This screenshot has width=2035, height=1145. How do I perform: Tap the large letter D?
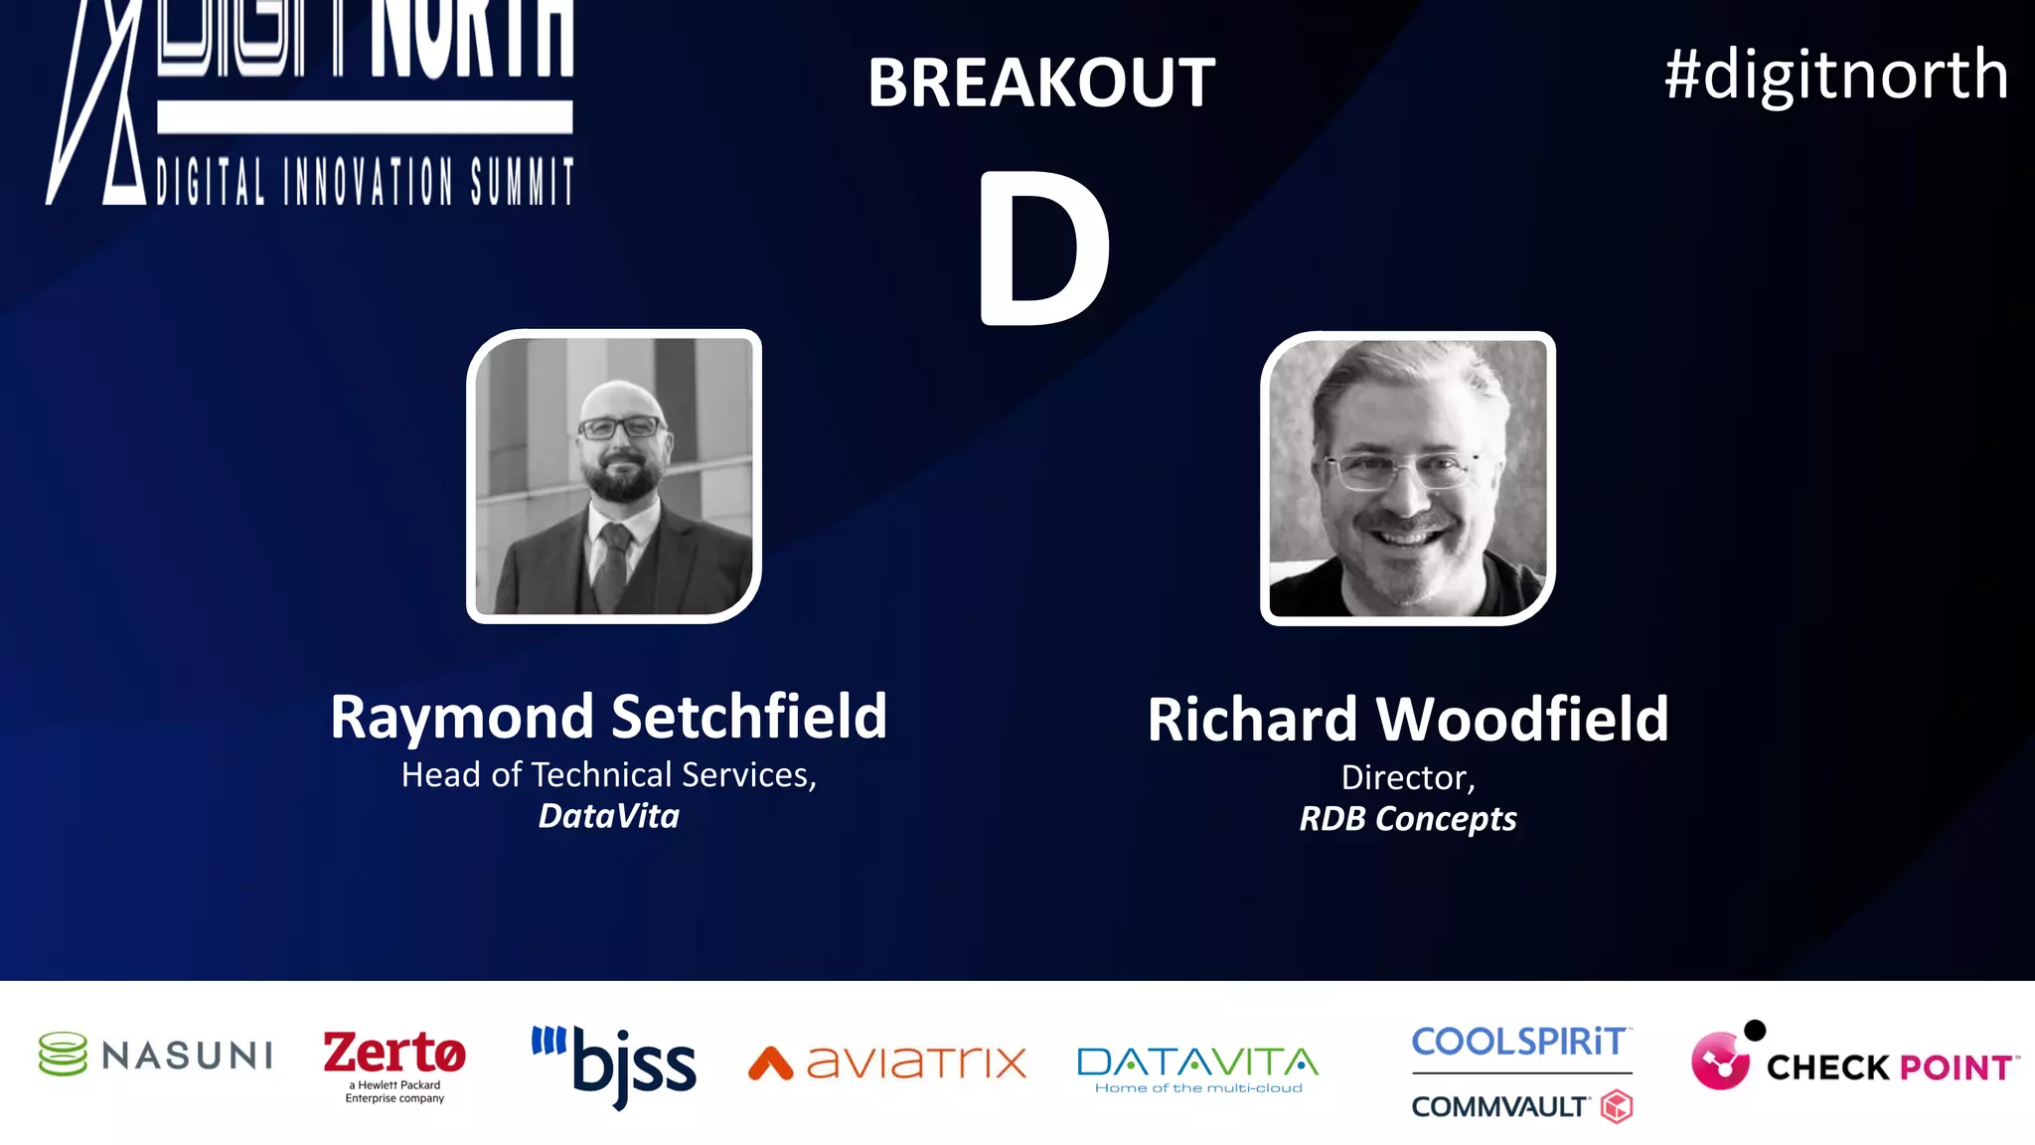coord(1043,248)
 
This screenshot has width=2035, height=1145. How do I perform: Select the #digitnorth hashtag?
coord(1836,75)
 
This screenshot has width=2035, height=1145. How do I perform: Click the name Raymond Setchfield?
coord(608,717)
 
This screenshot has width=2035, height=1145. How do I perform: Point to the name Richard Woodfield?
coord(1408,720)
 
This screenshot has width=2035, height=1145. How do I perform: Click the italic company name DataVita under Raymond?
coord(608,816)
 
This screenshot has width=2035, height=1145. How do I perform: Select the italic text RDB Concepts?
coord(1408,819)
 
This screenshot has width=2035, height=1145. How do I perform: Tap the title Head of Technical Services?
coord(608,775)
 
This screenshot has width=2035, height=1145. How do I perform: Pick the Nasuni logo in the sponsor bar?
coord(156,1055)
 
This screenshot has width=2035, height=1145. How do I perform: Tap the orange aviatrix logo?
coord(887,1063)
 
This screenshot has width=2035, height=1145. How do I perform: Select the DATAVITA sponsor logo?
coord(1198,1067)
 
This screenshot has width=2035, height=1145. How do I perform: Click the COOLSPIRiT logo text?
coord(1520,1042)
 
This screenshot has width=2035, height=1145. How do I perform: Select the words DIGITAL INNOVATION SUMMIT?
coord(365,181)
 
